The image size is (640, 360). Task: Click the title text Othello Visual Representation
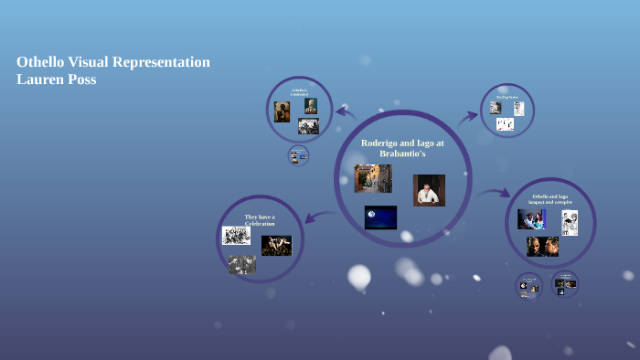pyautogui.click(x=113, y=62)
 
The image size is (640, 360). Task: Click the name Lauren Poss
pyautogui.click(x=57, y=79)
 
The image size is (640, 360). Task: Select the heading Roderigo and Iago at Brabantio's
pyautogui.click(x=402, y=148)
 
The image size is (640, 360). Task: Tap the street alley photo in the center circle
pyautogui.click(x=372, y=178)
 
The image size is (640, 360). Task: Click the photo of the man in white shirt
pyautogui.click(x=429, y=190)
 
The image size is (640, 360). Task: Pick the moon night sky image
pyautogui.click(x=380, y=217)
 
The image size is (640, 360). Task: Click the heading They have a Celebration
pyautogui.click(x=260, y=220)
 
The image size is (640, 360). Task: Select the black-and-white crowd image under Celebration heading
pyautogui.click(x=236, y=236)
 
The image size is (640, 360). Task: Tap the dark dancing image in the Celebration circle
pyautogui.click(x=276, y=245)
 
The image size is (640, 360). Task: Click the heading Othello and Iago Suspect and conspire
pyautogui.click(x=550, y=199)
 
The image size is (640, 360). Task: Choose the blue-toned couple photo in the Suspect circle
pyautogui.click(x=531, y=219)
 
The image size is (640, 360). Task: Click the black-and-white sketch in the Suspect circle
pyautogui.click(x=569, y=223)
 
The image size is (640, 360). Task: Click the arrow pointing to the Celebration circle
pyautogui.click(x=313, y=217)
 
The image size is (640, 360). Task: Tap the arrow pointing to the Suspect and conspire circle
pyautogui.click(x=495, y=193)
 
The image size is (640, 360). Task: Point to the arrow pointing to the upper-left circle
pyautogui.click(x=345, y=112)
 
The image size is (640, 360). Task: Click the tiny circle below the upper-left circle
pyautogui.click(x=298, y=155)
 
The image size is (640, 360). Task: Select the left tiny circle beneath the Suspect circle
pyautogui.click(x=528, y=286)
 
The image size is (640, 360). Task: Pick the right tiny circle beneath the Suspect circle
pyautogui.click(x=564, y=283)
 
